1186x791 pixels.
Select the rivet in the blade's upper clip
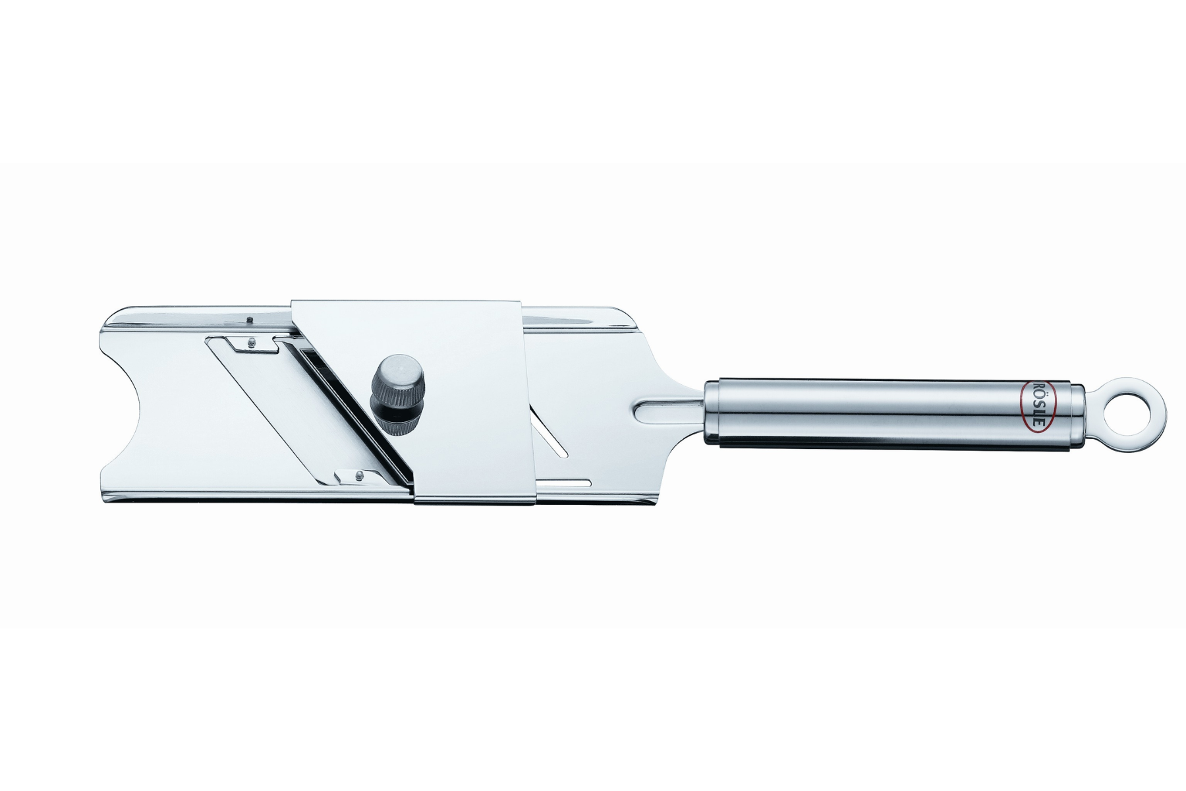click(252, 341)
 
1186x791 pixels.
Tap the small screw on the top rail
click(252, 319)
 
